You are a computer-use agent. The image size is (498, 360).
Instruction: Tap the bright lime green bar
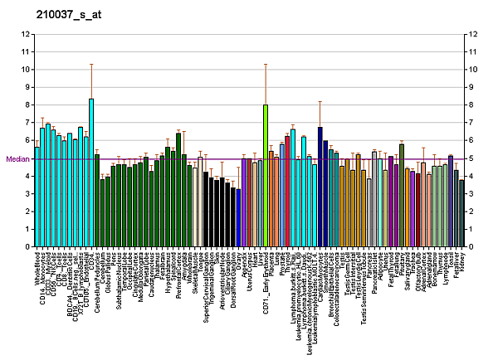(265, 175)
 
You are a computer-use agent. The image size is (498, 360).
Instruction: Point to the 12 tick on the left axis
(27, 34)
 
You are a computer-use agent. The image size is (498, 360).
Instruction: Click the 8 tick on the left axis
(28, 105)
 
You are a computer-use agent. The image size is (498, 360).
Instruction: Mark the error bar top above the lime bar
(265, 64)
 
